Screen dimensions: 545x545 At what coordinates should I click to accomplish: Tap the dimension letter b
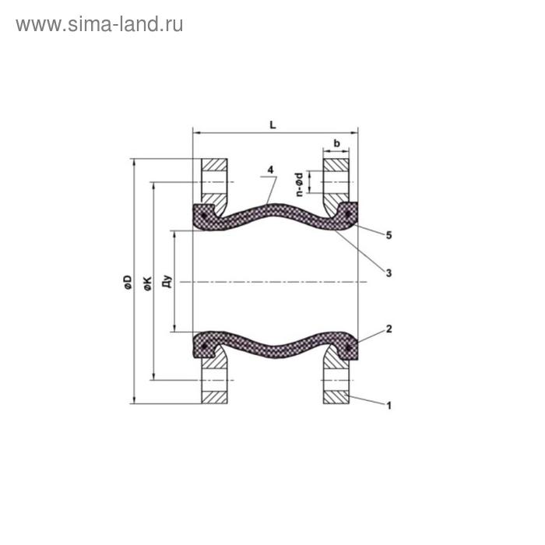pos(336,143)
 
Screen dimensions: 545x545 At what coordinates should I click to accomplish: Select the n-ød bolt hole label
pos(299,181)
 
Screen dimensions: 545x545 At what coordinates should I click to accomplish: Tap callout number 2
pos(388,329)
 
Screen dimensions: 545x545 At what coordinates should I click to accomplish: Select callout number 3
pos(388,272)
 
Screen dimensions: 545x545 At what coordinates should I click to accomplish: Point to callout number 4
pos(269,170)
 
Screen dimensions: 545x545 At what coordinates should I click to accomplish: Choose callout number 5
pos(388,234)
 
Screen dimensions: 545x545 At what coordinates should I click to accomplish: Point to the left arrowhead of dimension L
pos(195,132)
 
